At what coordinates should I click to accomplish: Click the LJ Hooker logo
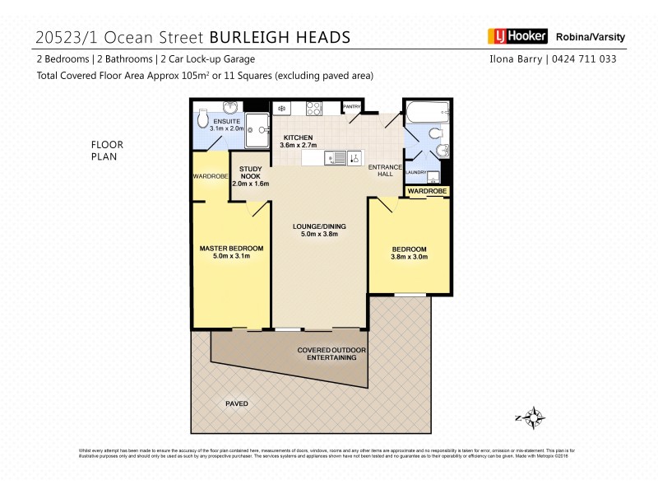pos(516,36)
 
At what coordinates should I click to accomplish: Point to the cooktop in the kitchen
pos(313,107)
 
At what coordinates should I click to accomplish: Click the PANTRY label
pos(352,106)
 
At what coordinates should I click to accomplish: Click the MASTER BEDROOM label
pos(231,248)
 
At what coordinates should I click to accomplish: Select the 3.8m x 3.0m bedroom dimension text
pos(409,258)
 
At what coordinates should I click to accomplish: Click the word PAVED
pos(236,403)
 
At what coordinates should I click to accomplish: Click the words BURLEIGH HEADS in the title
pos(280,37)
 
